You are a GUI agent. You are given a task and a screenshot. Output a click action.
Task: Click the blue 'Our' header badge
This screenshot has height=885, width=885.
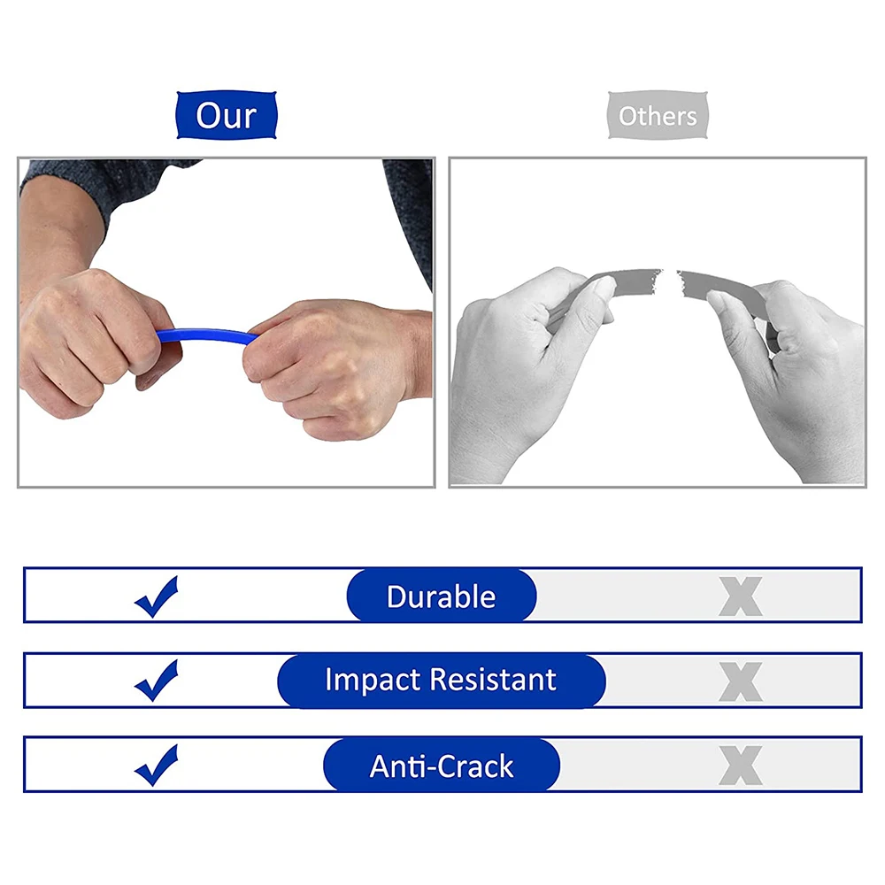[x=227, y=116]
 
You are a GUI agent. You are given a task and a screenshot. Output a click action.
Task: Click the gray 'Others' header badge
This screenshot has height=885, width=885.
[x=658, y=116]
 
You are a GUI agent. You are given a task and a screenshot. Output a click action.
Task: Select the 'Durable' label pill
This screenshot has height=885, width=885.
[x=442, y=596]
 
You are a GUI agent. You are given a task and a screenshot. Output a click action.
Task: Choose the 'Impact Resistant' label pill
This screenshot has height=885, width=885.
[x=442, y=681]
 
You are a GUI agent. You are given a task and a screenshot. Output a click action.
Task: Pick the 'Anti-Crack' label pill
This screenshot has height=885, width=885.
[x=442, y=766]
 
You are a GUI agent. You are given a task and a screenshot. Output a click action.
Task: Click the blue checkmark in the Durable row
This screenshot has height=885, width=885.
[x=157, y=597]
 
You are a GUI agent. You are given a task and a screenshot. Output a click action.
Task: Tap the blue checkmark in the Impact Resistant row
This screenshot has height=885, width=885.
[x=157, y=681]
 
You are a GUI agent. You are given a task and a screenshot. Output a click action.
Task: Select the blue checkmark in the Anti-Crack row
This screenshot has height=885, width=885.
[x=157, y=766]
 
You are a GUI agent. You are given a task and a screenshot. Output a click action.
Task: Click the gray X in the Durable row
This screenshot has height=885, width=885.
[x=741, y=596]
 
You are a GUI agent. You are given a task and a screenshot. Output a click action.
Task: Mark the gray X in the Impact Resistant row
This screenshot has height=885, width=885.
[x=741, y=681]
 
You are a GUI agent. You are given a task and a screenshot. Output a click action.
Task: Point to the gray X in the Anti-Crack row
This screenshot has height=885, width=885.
[x=741, y=766]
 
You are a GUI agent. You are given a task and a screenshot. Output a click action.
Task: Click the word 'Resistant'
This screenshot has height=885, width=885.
[x=493, y=680]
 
